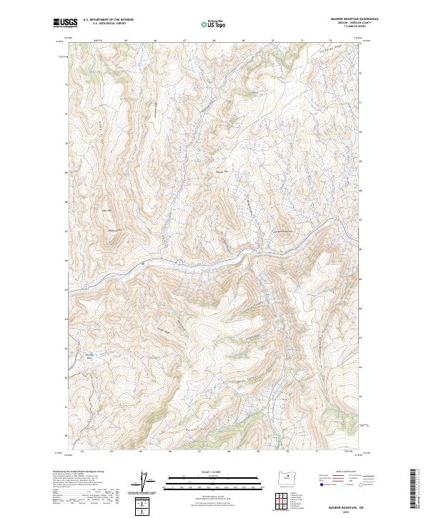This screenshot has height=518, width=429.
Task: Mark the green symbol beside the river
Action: (143, 264)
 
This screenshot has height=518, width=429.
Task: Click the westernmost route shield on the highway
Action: (84, 287)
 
